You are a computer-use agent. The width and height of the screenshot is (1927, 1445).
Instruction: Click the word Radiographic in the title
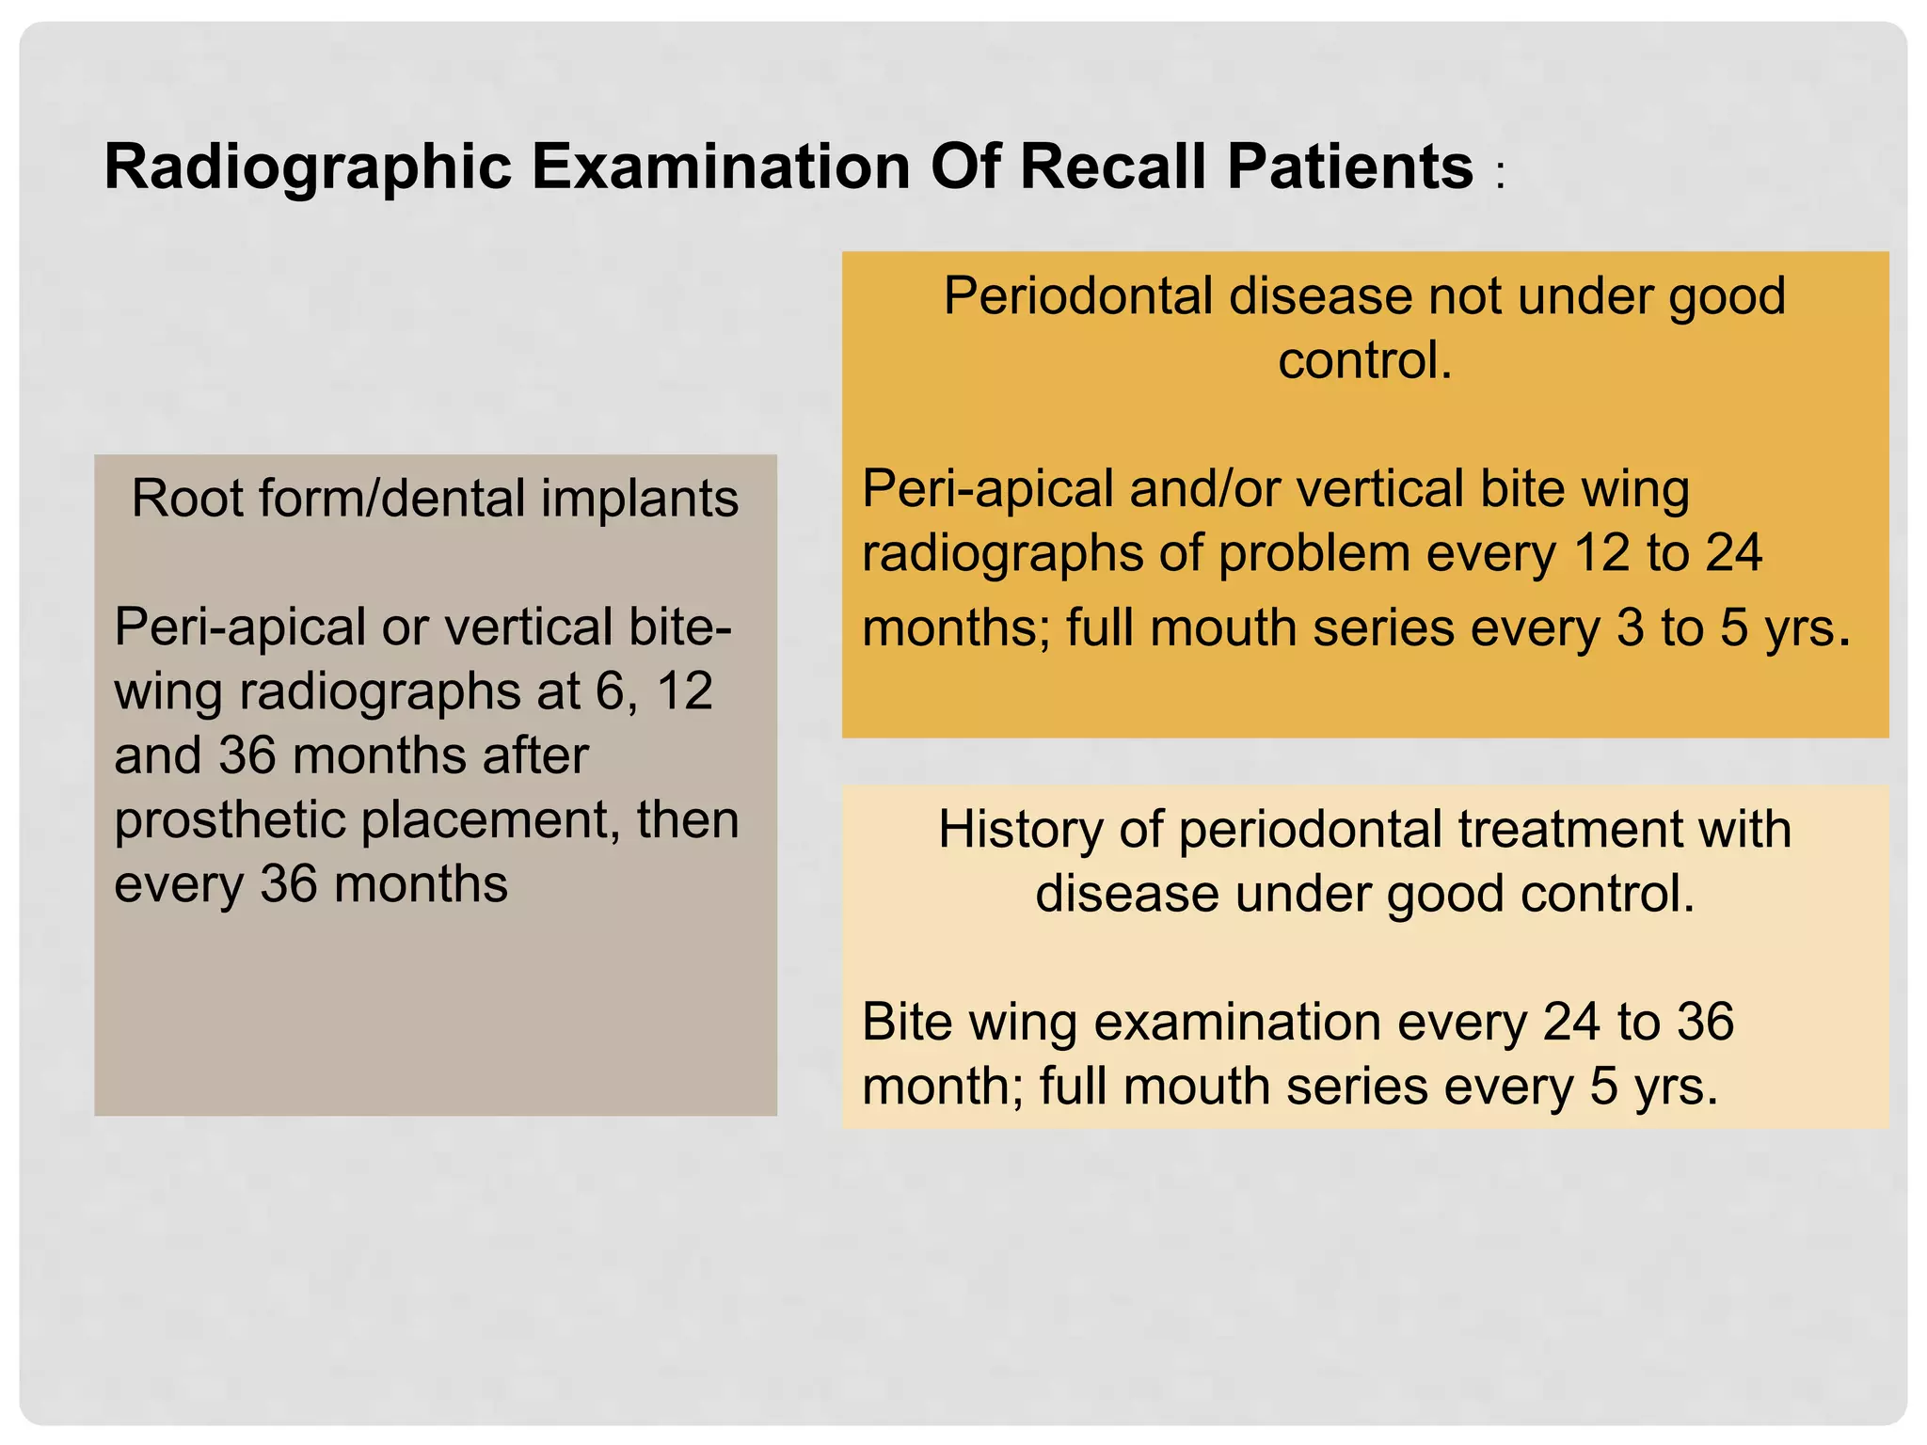[307, 167]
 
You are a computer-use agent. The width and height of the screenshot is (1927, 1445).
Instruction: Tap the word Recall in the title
[1113, 167]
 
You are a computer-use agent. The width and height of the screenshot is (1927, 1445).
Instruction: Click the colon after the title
[1500, 175]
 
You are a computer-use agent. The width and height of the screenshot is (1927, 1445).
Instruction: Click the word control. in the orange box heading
[1364, 360]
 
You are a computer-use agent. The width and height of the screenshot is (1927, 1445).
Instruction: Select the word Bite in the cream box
[907, 1023]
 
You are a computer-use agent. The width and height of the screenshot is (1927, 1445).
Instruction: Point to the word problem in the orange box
[1314, 553]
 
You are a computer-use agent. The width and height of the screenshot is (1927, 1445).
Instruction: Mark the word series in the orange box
[1383, 627]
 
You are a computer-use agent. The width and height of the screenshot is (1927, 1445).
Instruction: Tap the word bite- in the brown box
[679, 627]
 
